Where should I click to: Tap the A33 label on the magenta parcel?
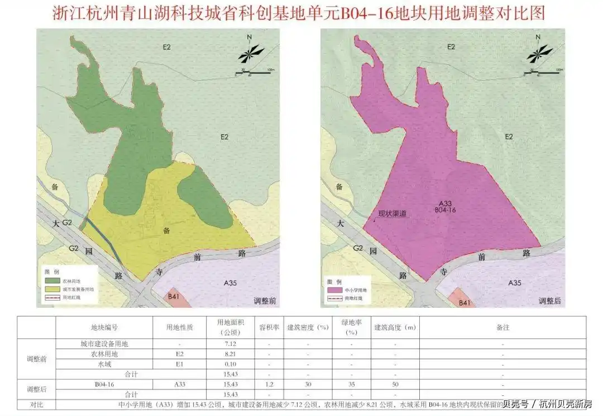pyautogui.click(x=446, y=203)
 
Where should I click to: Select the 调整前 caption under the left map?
pyautogui.click(x=265, y=301)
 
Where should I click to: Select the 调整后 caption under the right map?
pyautogui.click(x=549, y=301)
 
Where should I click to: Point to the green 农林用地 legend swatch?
pyautogui.click(x=53, y=280)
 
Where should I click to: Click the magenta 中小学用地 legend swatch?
pyautogui.click(x=335, y=290)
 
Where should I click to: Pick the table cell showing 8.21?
pyautogui.click(x=231, y=354)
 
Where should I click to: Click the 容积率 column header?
pyautogui.click(x=269, y=327)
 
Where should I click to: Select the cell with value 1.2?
pyautogui.click(x=269, y=384)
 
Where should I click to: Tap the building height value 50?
pyautogui.click(x=395, y=384)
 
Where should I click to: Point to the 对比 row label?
pyautogui.click(x=36, y=403)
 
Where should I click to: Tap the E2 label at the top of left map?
pyautogui.click(x=166, y=47)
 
